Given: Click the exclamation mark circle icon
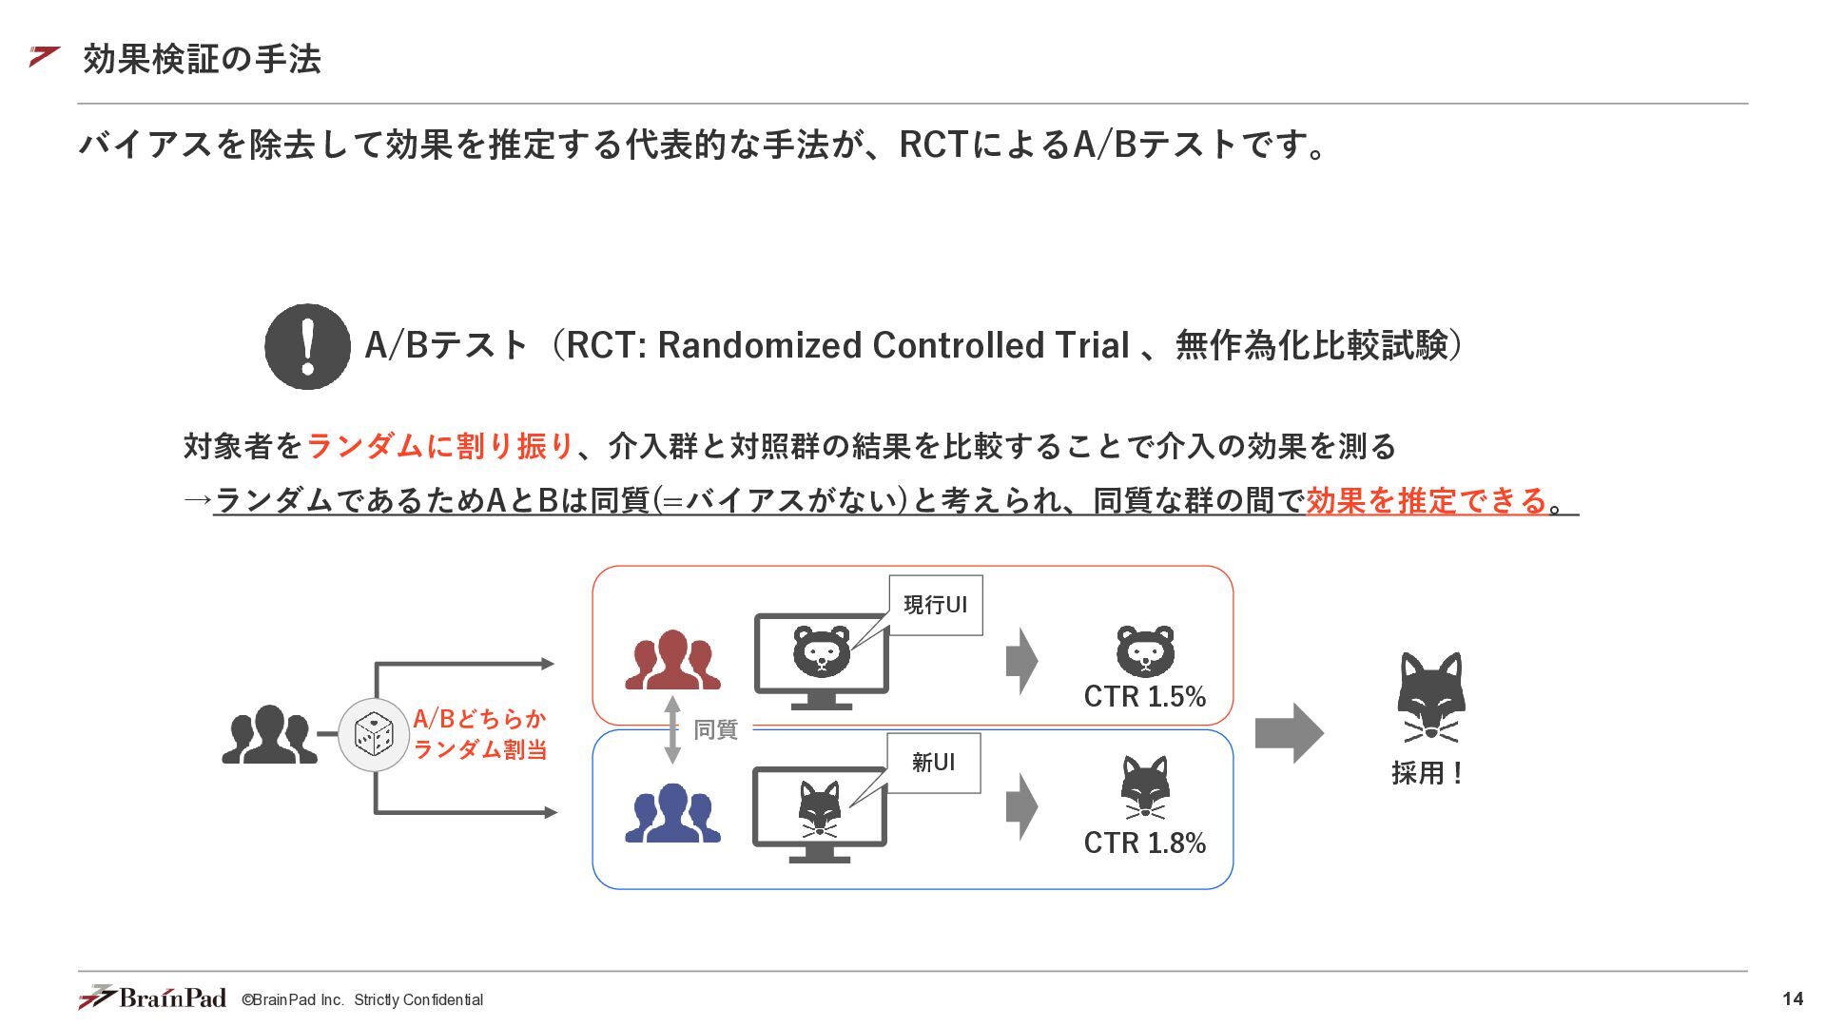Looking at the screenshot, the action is [x=307, y=346].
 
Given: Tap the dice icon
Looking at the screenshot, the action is [x=374, y=734].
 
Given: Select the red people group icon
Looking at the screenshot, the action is [x=672, y=659].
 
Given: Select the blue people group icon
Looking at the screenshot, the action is [x=672, y=812].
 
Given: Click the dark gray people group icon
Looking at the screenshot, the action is [x=269, y=734].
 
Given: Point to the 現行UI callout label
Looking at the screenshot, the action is [x=936, y=605].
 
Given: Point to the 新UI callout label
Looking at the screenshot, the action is [x=933, y=763].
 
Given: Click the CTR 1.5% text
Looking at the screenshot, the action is [x=1145, y=696].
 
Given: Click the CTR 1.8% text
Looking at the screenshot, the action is [x=1145, y=843].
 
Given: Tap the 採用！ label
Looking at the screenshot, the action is [x=1427, y=773].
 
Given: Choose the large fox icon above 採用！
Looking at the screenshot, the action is [x=1430, y=697].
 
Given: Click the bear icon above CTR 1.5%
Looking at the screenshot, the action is [x=1145, y=650].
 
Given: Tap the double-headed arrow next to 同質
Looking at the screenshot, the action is [x=672, y=729].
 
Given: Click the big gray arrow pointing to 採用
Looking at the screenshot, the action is [x=1290, y=733].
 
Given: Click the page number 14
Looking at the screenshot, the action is [x=1793, y=998].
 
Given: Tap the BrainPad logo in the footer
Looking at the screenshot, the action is [x=152, y=997].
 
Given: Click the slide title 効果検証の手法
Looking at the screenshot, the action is [x=202, y=59].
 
